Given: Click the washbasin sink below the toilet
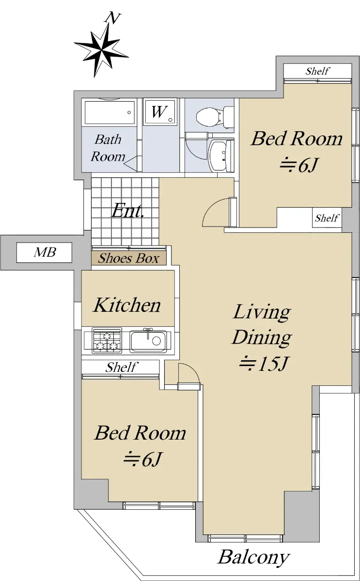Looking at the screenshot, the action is click(221, 156).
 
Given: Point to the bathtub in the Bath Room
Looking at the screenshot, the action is click(110, 112).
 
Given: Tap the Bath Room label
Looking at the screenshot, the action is click(108, 148).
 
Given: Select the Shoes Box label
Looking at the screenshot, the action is click(129, 259).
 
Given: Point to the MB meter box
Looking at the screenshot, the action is click(45, 252).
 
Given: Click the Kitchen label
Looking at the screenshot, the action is click(127, 305).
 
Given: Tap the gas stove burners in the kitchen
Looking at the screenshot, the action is click(107, 340).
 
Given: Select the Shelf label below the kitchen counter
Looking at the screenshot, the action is click(121, 367).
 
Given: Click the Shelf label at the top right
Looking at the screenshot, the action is click(317, 71).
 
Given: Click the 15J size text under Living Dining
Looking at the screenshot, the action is click(264, 364).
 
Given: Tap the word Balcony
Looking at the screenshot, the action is click(253, 557).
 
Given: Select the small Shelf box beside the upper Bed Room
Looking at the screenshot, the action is click(327, 217).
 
